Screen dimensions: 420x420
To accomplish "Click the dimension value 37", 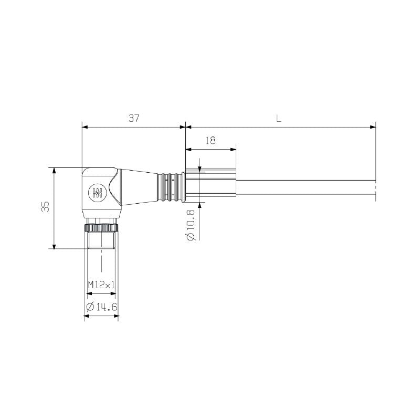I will pos(134,119).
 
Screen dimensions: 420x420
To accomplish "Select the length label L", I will pos(279,119).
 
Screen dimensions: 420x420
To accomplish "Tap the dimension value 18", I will pos(211,141).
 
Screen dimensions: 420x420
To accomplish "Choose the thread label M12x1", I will pos(101,285).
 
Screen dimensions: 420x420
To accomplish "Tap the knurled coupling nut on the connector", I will pos(101,227).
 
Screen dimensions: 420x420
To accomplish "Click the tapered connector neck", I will pos(138,186).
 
